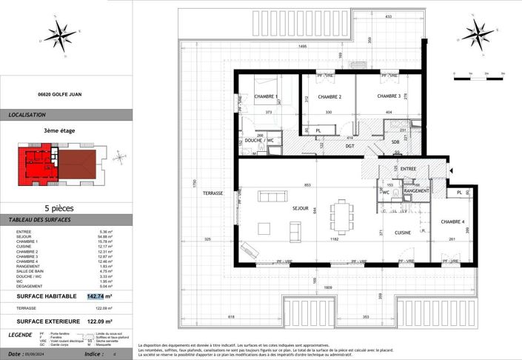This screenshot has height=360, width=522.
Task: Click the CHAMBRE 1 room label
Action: tap(265, 97)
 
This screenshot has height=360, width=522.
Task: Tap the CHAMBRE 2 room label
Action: tap(329, 97)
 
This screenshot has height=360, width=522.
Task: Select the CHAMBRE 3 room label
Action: tap(389, 96)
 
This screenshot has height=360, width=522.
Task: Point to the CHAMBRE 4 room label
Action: tap(452, 222)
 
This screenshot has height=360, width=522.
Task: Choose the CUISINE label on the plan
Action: tap(403, 232)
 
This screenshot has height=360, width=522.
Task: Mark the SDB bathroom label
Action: tap(396, 142)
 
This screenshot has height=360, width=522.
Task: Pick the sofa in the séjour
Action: tap(272, 196)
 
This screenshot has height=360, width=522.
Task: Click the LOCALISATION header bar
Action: tap(67, 115)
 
